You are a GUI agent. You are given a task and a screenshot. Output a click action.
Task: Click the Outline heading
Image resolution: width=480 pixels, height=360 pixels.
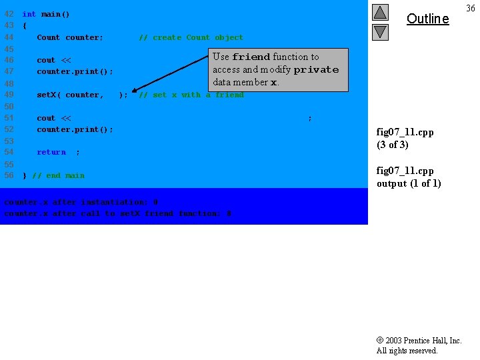pyautogui.click(x=427, y=19)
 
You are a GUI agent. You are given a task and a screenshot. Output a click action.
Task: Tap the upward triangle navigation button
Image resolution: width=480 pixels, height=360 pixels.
pyautogui.click(x=380, y=12)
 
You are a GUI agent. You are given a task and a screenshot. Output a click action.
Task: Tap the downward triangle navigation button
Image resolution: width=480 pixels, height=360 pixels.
pyautogui.click(x=380, y=31)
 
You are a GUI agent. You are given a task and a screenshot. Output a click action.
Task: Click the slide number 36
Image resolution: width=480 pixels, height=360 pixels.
pyautogui.click(x=471, y=8)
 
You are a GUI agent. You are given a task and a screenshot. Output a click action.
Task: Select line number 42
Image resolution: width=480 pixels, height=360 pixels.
pyautogui.click(x=9, y=14)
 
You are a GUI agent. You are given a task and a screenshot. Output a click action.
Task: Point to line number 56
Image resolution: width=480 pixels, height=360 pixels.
pyautogui.click(x=9, y=175)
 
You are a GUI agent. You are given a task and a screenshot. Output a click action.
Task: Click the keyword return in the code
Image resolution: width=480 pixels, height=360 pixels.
pyautogui.click(x=51, y=152)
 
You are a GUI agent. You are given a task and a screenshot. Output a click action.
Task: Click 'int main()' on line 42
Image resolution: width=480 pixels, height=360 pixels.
pyautogui.click(x=46, y=14)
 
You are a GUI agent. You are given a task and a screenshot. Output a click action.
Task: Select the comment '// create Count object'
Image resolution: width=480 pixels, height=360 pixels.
pyautogui.click(x=191, y=37)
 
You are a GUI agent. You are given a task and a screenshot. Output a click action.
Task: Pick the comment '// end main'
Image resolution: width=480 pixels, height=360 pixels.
pyautogui.click(x=58, y=175)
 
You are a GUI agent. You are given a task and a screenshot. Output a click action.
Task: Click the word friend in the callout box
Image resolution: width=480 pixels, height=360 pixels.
pyautogui.click(x=251, y=57)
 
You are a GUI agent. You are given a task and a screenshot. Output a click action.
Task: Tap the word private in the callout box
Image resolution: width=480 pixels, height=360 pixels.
pyautogui.click(x=316, y=69)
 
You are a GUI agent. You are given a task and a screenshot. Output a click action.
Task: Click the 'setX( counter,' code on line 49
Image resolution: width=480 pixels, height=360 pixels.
pyautogui.click(x=70, y=95)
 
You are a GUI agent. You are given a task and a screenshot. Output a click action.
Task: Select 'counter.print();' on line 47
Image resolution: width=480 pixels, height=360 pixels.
pyautogui.click(x=75, y=71)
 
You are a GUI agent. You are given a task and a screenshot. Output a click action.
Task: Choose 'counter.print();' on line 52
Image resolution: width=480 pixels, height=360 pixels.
pyautogui.click(x=75, y=129)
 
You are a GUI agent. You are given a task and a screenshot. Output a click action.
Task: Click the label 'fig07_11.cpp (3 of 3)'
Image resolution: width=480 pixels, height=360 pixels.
pyautogui.click(x=405, y=138)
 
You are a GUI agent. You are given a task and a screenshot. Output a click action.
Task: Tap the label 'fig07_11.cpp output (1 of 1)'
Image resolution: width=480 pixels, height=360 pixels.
pyautogui.click(x=409, y=177)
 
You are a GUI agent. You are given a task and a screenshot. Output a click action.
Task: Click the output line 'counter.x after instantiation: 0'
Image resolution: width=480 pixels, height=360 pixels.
pyautogui.click(x=81, y=202)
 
